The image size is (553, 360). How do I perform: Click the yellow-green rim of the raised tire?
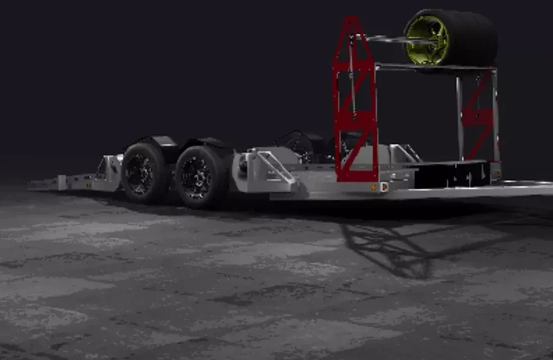427,40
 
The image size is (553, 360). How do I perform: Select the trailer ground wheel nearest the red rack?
201,177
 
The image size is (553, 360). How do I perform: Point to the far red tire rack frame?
477,116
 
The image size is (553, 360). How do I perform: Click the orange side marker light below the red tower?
373,187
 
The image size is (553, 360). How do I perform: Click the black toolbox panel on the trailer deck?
451,174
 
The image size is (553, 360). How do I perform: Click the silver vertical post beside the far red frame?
459,116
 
